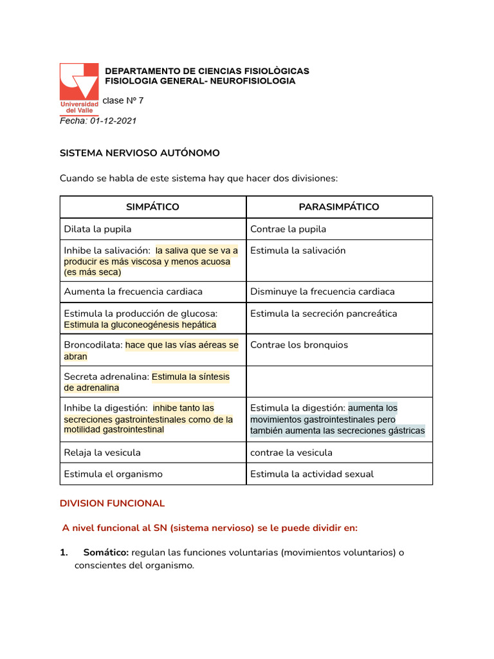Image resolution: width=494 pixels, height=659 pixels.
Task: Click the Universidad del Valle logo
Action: tap(79, 88)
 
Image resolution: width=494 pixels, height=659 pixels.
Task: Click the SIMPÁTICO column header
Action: tap(152, 207)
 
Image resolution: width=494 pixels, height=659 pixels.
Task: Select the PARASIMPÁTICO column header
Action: tap(339, 207)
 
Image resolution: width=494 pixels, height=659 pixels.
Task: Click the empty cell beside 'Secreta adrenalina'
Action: tap(339, 382)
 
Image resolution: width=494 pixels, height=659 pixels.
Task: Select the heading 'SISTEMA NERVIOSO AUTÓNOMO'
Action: tap(140, 153)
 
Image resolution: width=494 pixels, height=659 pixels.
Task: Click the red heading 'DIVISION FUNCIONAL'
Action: tap(113, 503)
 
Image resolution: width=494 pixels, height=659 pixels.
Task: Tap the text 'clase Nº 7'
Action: tap(123, 100)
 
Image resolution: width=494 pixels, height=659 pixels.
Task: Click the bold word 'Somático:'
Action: tap(106, 553)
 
